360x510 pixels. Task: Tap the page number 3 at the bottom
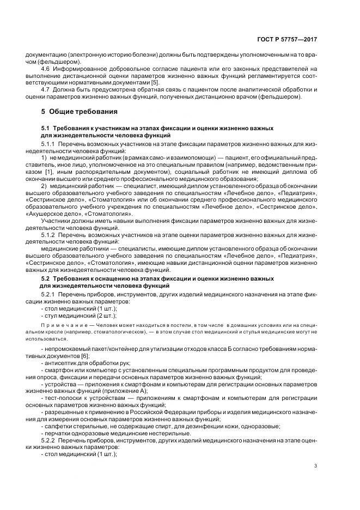coord(315,465)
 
